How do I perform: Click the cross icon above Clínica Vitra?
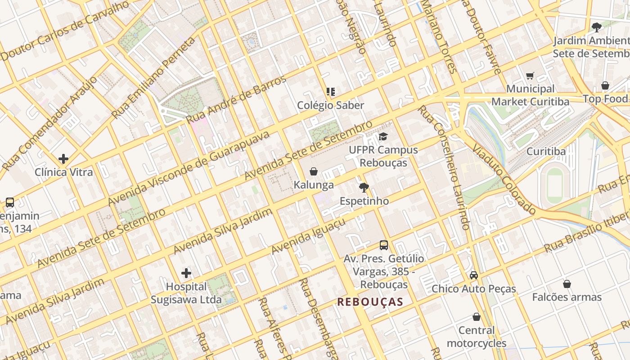pos(63,159)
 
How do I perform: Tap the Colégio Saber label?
pos(330,105)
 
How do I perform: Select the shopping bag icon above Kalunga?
pos(314,171)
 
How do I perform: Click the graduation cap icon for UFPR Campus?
pos(383,136)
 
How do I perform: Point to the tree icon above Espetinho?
pos(364,187)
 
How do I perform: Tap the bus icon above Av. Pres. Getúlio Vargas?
pos(384,245)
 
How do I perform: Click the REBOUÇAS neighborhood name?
pos(370,301)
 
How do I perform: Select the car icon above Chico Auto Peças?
pos(474,275)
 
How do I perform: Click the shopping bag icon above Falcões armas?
pos(567,284)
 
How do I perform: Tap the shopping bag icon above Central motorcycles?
pos(477,317)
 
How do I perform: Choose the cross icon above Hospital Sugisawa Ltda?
pos(186,273)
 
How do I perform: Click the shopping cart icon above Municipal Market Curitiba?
pos(530,76)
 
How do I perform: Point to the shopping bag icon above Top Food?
pos(605,85)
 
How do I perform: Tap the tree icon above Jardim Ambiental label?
pos(597,27)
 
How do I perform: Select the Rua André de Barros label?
pos(236,99)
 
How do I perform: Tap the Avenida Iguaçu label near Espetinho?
pos(308,236)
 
